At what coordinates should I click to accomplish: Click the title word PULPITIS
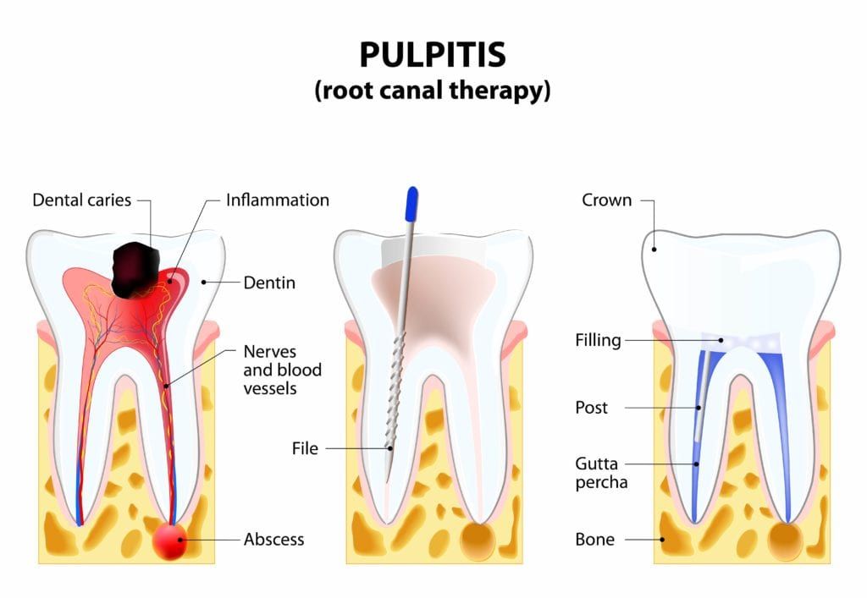tap(433, 54)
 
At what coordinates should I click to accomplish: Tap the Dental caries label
tap(82, 200)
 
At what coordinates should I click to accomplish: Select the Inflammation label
tap(277, 200)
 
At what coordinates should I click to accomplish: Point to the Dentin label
tap(269, 283)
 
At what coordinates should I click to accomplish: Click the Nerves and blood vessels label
tap(282, 370)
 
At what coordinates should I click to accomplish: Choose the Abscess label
tap(273, 539)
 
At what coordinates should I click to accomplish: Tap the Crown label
tap(606, 200)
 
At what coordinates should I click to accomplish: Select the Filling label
tap(598, 341)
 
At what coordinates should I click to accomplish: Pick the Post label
tap(591, 408)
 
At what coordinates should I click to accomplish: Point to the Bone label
tap(594, 539)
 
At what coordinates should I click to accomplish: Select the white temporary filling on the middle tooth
tap(433, 250)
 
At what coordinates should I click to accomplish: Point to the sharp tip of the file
tap(387, 480)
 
